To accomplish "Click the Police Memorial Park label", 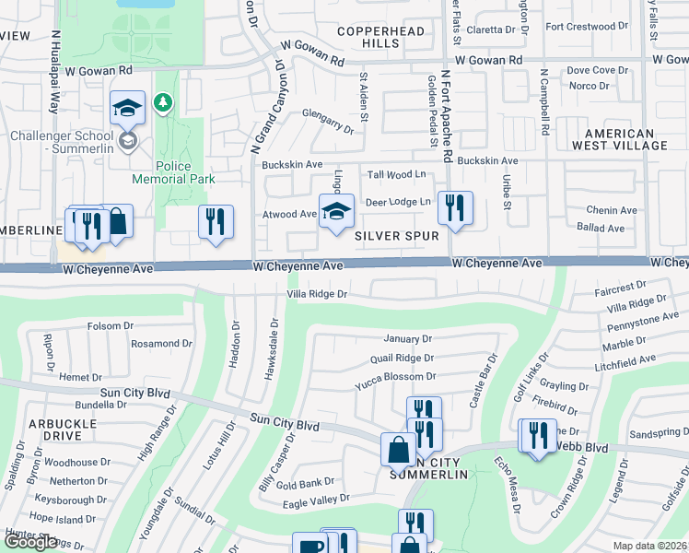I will pyautogui.click(x=161, y=172).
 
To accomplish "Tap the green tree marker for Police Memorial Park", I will pyautogui.click(x=163, y=101).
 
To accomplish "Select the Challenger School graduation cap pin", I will pyautogui.click(x=127, y=108).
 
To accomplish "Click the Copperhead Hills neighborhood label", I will pyautogui.click(x=380, y=38).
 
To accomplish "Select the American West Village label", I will pyautogui.click(x=619, y=139).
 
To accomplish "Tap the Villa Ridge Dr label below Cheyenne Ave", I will pyautogui.click(x=316, y=295).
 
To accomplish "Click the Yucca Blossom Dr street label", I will pyautogui.click(x=395, y=377).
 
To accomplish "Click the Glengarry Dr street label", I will pyautogui.click(x=328, y=121).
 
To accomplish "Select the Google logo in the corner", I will pyautogui.click(x=29, y=542).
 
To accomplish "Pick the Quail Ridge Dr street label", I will pyautogui.click(x=401, y=359).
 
